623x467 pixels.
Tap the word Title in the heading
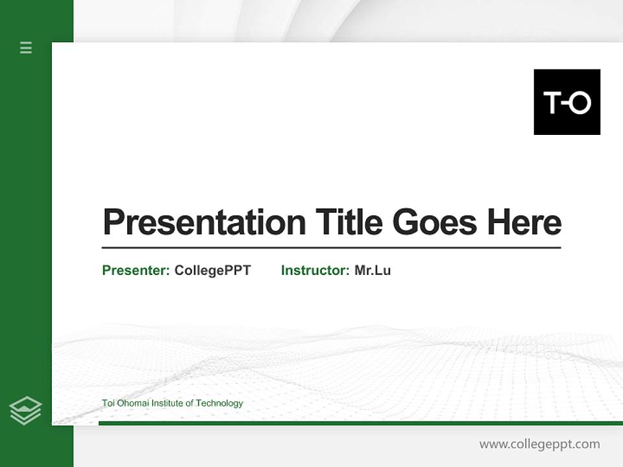[x=349, y=222]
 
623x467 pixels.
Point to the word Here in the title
[x=524, y=222]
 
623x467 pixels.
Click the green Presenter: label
[x=136, y=270]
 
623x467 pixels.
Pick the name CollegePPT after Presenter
[x=213, y=270]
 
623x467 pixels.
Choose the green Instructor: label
[x=315, y=270]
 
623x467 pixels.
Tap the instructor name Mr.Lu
[x=373, y=270]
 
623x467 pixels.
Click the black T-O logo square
[x=567, y=102]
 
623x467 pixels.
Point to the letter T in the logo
[x=552, y=102]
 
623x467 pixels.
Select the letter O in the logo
[x=580, y=102]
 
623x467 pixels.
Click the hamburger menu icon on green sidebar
[x=26, y=47]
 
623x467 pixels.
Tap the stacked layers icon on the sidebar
[x=25, y=411]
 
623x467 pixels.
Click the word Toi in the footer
[x=108, y=403]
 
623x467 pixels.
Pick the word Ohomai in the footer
[x=132, y=403]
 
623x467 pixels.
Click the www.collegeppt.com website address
[x=539, y=444]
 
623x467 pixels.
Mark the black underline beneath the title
[x=331, y=247]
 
